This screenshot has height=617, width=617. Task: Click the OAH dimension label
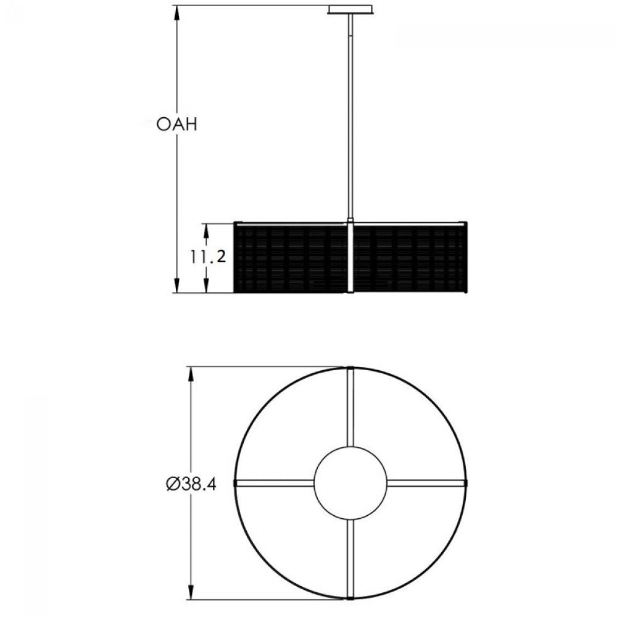click(176, 125)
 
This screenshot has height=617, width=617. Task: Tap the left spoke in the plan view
click(275, 482)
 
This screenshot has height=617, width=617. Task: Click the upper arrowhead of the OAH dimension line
click(178, 12)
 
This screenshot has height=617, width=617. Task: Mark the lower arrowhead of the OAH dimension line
click(178, 286)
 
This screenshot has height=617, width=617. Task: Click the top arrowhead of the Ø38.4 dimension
click(191, 373)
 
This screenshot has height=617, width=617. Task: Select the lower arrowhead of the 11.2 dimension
click(206, 287)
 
